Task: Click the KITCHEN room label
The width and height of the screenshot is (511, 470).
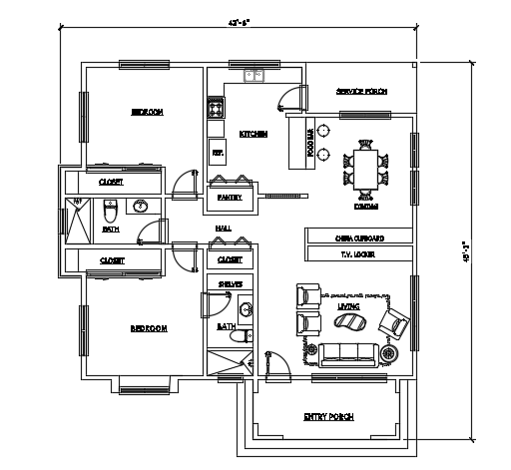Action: click(x=253, y=134)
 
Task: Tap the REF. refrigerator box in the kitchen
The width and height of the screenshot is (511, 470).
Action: click(x=217, y=153)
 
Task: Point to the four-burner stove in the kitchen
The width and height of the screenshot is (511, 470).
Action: click(x=214, y=106)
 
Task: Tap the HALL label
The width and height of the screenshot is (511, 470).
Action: click(x=224, y=229)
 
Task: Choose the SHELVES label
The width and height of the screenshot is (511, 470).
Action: click(x=231, y=284)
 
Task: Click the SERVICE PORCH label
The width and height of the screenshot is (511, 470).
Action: click(x=361, y=92)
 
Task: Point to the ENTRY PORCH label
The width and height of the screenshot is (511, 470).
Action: click(x=328, y=416)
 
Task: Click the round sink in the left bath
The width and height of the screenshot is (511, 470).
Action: click(x=141, y=207)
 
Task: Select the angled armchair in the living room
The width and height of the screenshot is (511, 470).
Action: click(x=393, y=321)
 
